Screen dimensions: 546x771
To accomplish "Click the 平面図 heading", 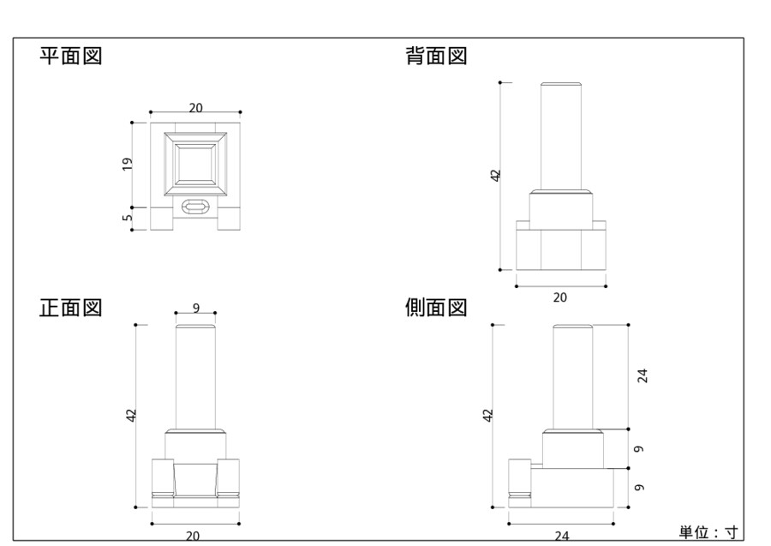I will click(72, 57).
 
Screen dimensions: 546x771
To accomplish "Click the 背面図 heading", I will click(436, 57).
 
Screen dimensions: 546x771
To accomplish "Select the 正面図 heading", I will click(72, 308).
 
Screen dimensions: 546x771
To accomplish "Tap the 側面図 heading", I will click(436, 308).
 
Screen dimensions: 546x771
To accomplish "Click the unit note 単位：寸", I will click(708, 532).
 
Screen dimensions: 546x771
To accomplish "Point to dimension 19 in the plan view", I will click(127, 164).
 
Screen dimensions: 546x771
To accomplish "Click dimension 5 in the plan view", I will click(127, 219).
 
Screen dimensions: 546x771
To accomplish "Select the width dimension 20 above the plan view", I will click(195, 107).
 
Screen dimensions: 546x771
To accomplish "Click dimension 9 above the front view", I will click(196, 308).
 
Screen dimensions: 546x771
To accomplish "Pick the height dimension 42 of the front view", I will click(131, 415).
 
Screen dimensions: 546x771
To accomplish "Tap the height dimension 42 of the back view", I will click(495, 175).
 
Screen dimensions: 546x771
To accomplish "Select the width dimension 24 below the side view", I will click(562, 536).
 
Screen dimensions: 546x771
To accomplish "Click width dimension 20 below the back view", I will click(560, 297).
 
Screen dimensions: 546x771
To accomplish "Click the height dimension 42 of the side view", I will click(488, 415).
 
